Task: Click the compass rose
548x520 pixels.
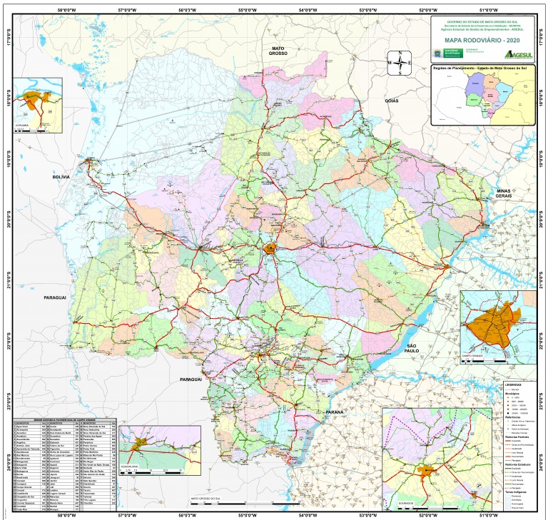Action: (x=400, y=63)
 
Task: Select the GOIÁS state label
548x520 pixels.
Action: (x=391, y=101)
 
